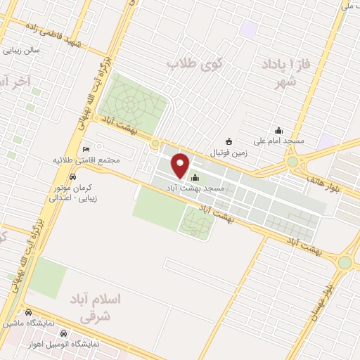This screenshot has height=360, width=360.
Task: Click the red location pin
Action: click(181, 165)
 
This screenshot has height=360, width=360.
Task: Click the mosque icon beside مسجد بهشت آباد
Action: click(195, 178)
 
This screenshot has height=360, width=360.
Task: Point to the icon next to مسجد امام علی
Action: click(279, 129)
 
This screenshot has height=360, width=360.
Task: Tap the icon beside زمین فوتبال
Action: click(228, 141)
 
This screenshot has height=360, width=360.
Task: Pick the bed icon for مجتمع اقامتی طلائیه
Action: click(86, 150)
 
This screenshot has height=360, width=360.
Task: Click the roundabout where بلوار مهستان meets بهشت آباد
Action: click(345, 262)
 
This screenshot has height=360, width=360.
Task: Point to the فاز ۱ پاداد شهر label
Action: click(284, 72)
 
